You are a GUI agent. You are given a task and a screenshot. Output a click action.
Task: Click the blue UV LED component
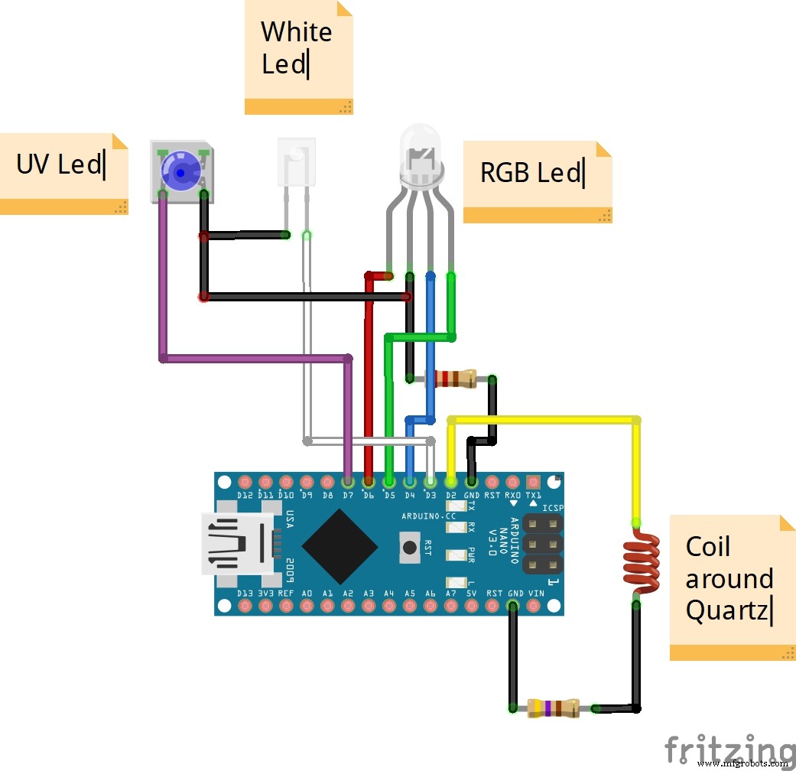click(181, 173)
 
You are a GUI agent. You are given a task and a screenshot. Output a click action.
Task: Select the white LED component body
click(296, 161)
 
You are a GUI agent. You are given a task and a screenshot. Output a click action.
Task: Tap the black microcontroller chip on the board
click(340, 545)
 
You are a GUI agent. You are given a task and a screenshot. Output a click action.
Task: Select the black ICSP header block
click(543, 545)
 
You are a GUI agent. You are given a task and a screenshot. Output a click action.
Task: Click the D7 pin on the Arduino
click(348, 483)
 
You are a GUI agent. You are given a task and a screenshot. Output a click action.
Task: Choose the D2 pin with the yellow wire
click(450, 483)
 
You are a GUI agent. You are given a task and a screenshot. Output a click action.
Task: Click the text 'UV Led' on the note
click(59, 164)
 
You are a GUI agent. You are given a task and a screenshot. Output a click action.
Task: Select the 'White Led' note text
click(297, 47)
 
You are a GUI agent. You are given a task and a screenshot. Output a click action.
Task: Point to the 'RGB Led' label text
click(530, 173)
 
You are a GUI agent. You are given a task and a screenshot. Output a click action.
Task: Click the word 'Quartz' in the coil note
click(726, 610)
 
